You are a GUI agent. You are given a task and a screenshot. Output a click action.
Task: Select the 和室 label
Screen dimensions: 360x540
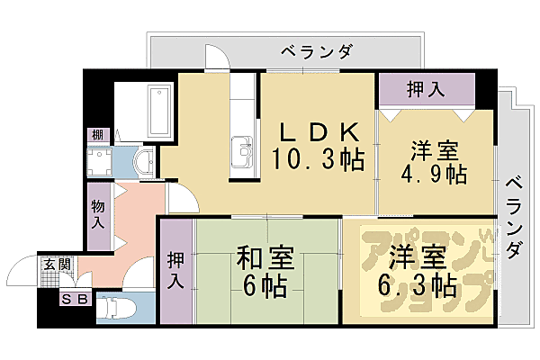click(x=265, y=258)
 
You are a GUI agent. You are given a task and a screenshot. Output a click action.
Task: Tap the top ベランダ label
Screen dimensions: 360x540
click(x=315, y=50)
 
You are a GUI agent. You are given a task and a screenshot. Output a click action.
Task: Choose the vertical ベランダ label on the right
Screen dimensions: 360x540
click(x=513, y=216)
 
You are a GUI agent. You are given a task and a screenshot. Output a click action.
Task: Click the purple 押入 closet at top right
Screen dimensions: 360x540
click(x=426, y=89)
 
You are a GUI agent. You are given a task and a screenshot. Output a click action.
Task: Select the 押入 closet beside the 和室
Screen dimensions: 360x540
click(x=175, y=270)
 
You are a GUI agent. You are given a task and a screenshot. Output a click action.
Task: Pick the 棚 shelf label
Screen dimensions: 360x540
click(x=96, y=135)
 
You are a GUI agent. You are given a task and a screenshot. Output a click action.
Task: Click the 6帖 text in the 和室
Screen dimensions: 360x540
click(x=265, y=287)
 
